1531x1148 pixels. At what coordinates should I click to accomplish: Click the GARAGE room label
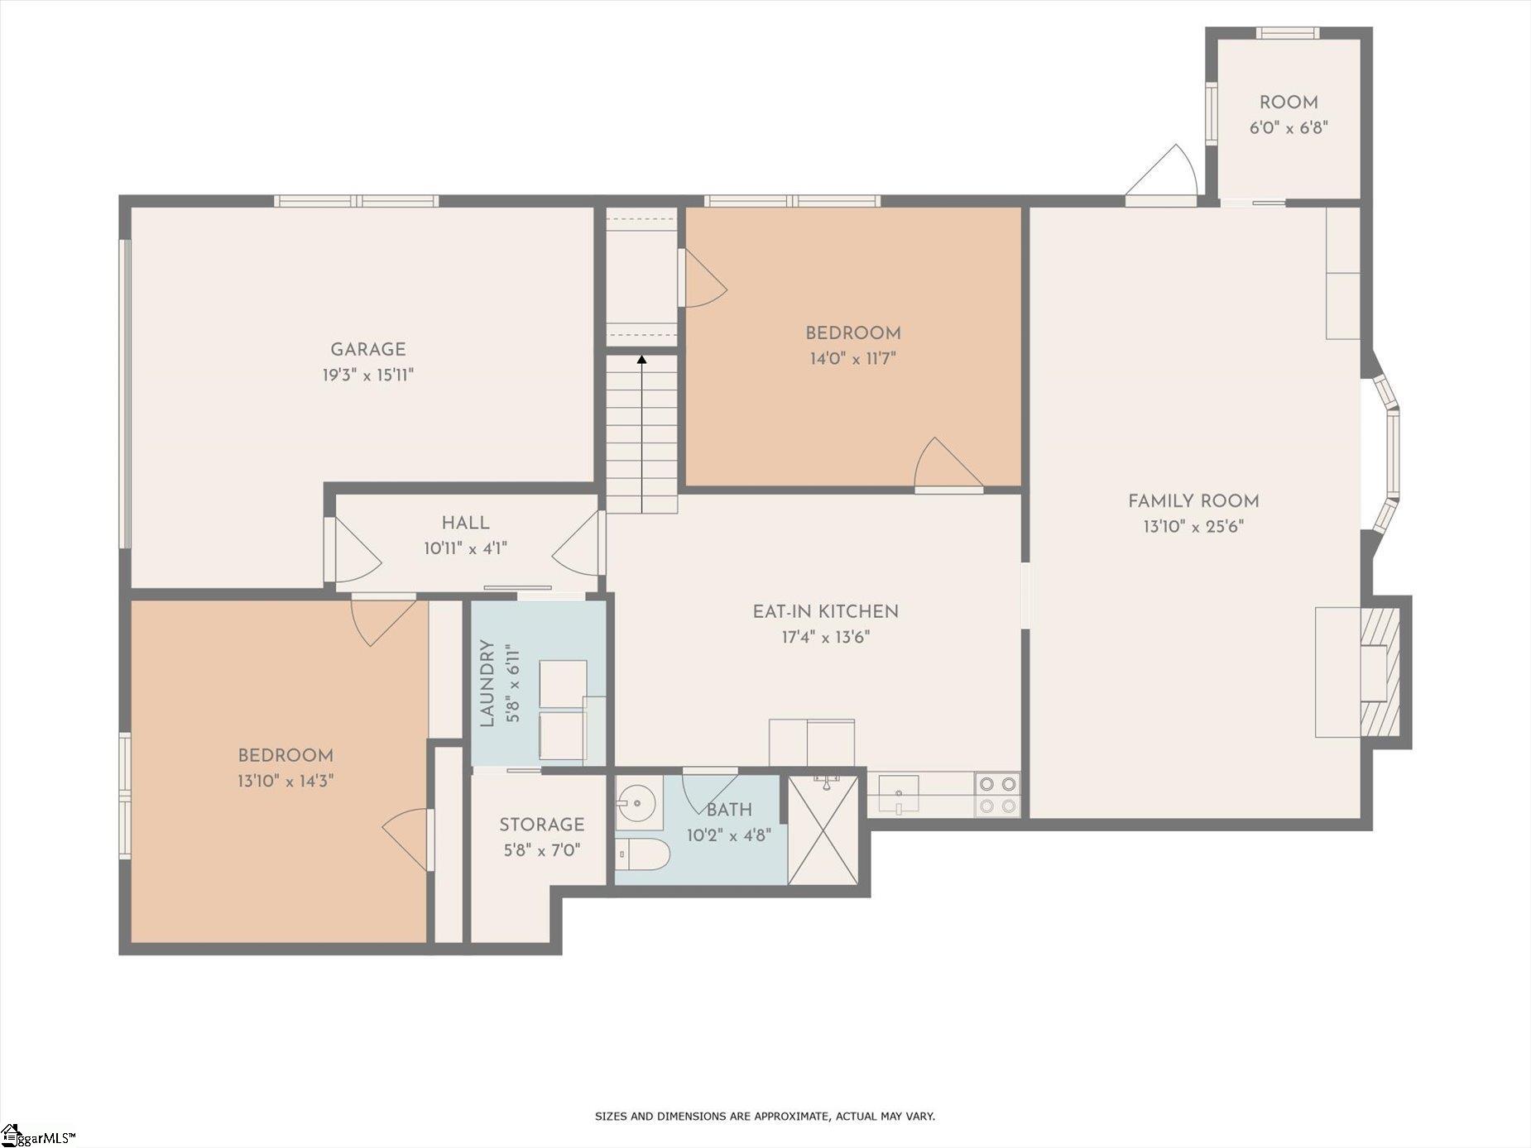367,349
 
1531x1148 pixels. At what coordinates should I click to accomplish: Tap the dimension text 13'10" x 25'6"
1193,526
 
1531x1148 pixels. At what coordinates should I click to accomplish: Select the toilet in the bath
642,854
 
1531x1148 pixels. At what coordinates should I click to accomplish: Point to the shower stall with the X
824,829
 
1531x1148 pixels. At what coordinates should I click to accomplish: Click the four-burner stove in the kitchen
997,795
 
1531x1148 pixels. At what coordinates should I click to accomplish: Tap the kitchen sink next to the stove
898,795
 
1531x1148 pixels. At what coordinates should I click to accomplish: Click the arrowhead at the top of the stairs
641,360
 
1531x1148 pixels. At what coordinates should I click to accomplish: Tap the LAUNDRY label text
487,683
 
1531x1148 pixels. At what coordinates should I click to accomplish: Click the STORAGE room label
541,825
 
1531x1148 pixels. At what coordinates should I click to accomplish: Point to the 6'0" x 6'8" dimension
1289,128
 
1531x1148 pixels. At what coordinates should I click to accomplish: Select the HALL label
465,523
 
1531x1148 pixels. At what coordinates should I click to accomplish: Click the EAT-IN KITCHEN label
825,612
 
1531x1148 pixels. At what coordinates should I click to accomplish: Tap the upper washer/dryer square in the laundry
563,683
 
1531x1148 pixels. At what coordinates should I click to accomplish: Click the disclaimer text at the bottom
765,1117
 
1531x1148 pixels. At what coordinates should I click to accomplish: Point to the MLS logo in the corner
37,1136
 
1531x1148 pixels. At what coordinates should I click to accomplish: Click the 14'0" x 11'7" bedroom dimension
852,359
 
